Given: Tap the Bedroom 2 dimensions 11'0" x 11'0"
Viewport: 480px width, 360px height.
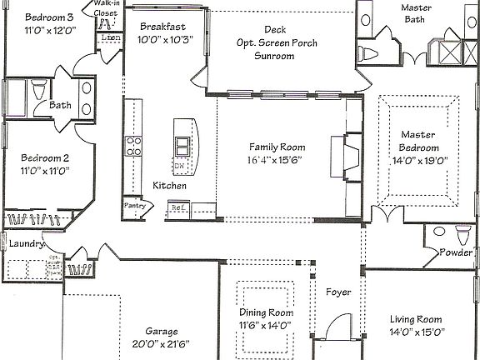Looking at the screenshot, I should [x=44, y=170].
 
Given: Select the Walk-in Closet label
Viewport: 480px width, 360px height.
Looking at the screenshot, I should [x=105, y=9].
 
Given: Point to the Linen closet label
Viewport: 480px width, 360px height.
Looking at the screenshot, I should [x=109, y=38].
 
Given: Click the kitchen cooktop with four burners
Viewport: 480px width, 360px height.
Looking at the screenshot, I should [x=133, y=147].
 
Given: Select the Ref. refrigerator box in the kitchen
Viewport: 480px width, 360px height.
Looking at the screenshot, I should [x=177, y=207].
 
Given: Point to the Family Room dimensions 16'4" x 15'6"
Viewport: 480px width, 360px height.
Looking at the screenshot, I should [x=274, y=159].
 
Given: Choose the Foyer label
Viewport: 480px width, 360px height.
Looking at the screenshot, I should [x=338, y=292].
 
